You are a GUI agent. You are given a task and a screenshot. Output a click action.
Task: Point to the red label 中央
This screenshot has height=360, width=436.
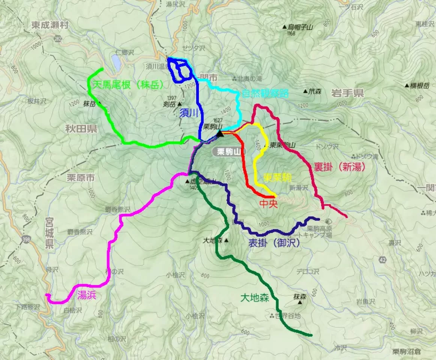tap(268, 204)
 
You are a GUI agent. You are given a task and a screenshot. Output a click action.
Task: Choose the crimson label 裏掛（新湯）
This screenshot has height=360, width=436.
tap(340, 167)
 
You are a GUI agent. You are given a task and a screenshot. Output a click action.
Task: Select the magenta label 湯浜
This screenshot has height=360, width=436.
tap(87, 295)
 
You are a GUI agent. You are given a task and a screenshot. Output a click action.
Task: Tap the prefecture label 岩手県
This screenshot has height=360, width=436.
tap(347, 93)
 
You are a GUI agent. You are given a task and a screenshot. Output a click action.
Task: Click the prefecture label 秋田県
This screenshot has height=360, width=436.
tap(81, 129)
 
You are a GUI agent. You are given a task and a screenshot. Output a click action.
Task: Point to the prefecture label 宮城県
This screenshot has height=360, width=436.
tap(49, 233)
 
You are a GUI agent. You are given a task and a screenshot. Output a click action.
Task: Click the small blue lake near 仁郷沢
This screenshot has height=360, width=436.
tap(116, 63)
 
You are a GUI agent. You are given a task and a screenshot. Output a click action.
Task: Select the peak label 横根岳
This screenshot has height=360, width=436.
tap(419, 85)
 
